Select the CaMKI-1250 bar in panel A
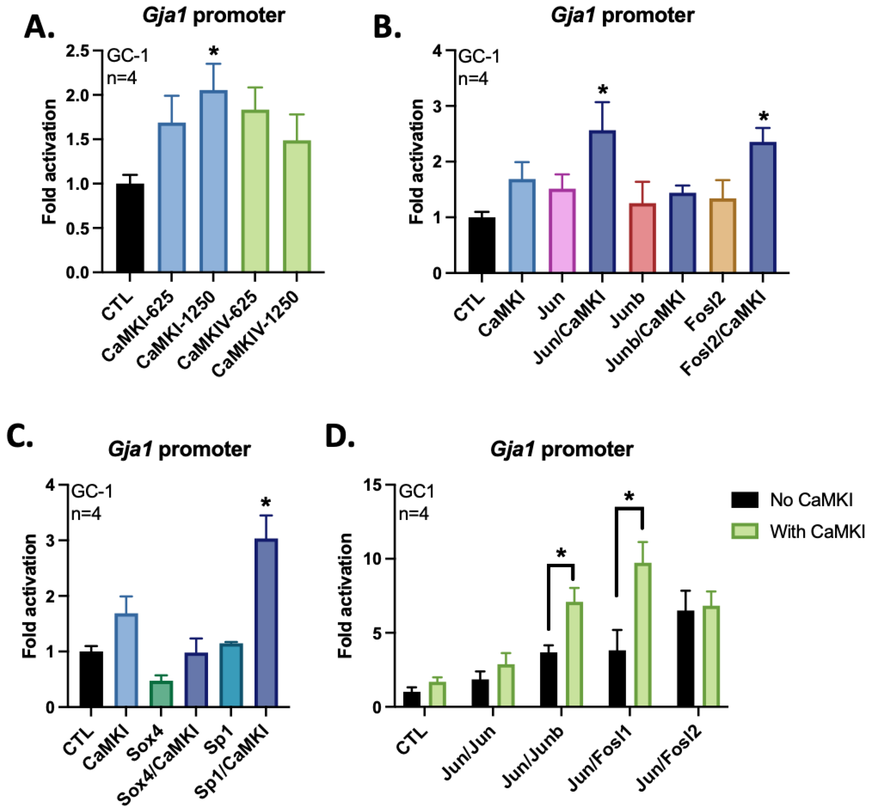(213, 181)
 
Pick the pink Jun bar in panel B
(562, 231)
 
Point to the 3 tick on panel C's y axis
(50, 540)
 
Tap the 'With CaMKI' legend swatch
(744, 531)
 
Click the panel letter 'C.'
(20, 436)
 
